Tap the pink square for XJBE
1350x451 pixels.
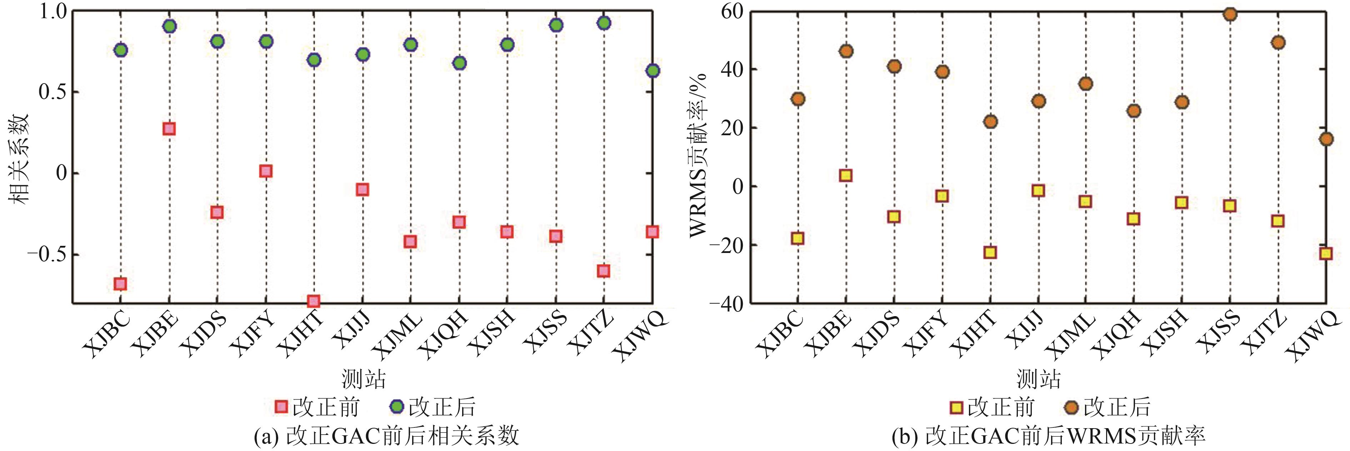169,129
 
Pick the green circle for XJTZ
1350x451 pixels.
604,23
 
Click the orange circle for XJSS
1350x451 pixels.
1229,14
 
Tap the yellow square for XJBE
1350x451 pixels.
845,176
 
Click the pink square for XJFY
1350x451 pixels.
266,171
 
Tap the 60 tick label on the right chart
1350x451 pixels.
731,11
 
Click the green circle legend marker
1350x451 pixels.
397,406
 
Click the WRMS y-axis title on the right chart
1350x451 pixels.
699,154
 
